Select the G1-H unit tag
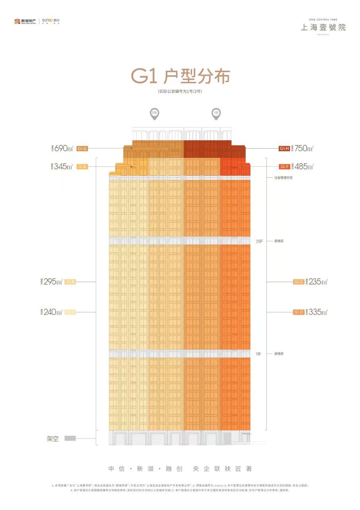[284, 149]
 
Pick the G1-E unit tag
[82, 167]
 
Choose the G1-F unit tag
[284, 167]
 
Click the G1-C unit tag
[299, 282]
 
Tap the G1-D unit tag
[299, 312]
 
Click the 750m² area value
[304, 149]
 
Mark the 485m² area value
[304, 167]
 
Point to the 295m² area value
[54, 282]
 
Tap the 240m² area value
[54, 312]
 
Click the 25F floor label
[260, 241]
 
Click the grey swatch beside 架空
[70, 439]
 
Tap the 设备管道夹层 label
[283, 178]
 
